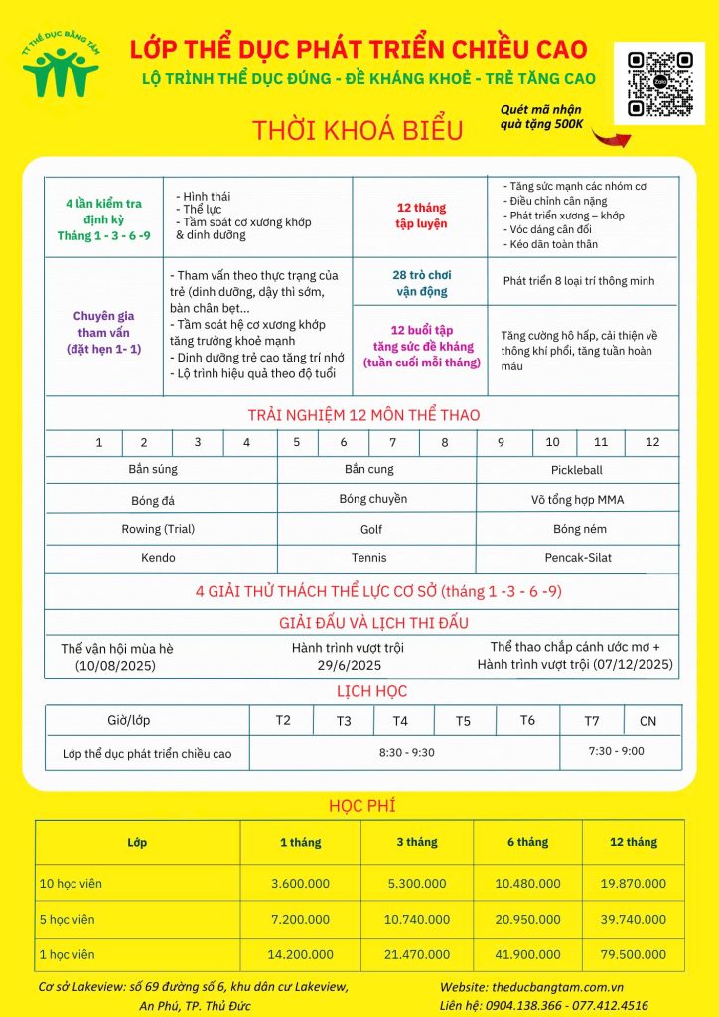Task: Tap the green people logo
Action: point(60,67)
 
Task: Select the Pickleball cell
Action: point(576,470)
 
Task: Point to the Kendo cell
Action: point(158,558)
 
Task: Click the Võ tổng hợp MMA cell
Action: point(577,500)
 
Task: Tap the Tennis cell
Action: point(368,558)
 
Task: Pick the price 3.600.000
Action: point(301,883)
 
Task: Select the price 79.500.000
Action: point(633,954)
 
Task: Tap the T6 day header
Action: point(526,720)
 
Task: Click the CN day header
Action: point(648,721)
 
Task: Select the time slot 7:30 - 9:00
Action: point(616,752)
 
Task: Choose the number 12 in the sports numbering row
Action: point(652,443)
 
